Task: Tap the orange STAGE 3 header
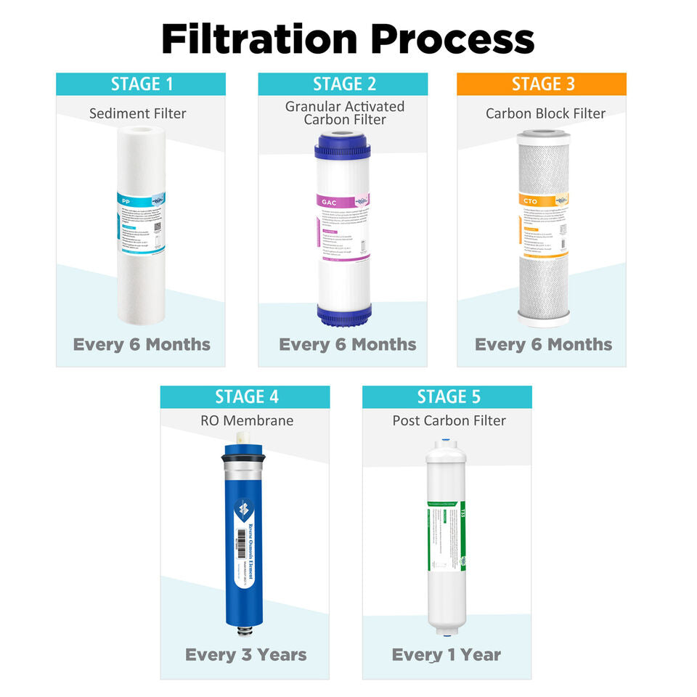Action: coord(542,83)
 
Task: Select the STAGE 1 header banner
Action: coord(142,83)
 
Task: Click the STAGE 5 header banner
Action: coord(447,396)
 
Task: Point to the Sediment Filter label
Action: coord(138,113)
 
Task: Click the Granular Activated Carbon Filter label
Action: coord(344,113)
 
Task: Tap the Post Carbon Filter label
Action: coord(449,420)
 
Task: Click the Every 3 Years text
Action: coord(246,654)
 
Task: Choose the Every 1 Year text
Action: coord(447,654)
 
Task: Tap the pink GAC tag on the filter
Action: coord(328,201)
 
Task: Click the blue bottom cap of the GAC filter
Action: coord(343,314)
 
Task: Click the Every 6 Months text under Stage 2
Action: coord(348,344)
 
